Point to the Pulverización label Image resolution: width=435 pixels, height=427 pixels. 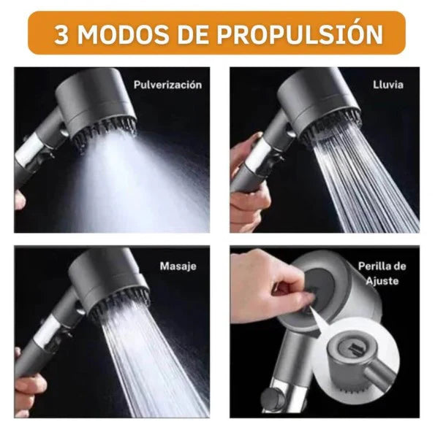coord(167,85)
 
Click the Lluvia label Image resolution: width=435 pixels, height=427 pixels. coord(387,85)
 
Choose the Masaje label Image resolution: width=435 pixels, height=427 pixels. coord(178,266)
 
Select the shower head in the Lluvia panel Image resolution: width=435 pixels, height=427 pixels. coord(322,102)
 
